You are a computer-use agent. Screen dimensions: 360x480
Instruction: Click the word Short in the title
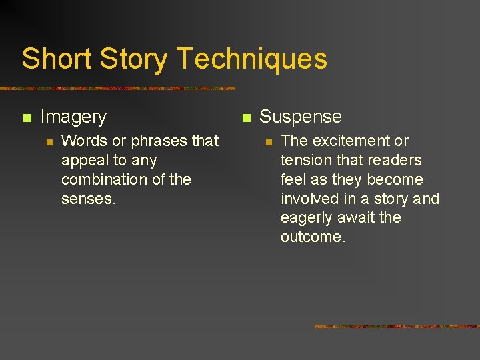[x=57, y=59]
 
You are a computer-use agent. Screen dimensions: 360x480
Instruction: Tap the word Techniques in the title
[x=252, y=59]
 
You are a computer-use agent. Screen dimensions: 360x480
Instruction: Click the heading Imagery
[x=73, y=117]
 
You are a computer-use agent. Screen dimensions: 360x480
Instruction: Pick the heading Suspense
[x=300, y=117]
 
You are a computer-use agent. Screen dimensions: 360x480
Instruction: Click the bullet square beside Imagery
[x=27, y=118]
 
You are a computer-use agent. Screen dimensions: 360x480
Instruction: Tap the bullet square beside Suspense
[x=246, y=118]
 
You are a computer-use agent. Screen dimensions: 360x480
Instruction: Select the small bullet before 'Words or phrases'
[x=48, y=141]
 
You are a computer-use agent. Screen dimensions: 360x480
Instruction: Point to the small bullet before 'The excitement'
[x=268, y=141]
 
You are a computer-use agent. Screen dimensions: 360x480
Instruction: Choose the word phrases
[x=159, y=141]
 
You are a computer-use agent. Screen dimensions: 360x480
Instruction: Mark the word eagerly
[x=306, y=219]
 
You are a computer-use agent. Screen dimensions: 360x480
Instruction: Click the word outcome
[x=313, y=238]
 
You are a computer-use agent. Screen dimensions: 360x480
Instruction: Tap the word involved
[x=310, y=199]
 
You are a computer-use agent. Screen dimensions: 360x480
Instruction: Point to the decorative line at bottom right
[x=396, y=327]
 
